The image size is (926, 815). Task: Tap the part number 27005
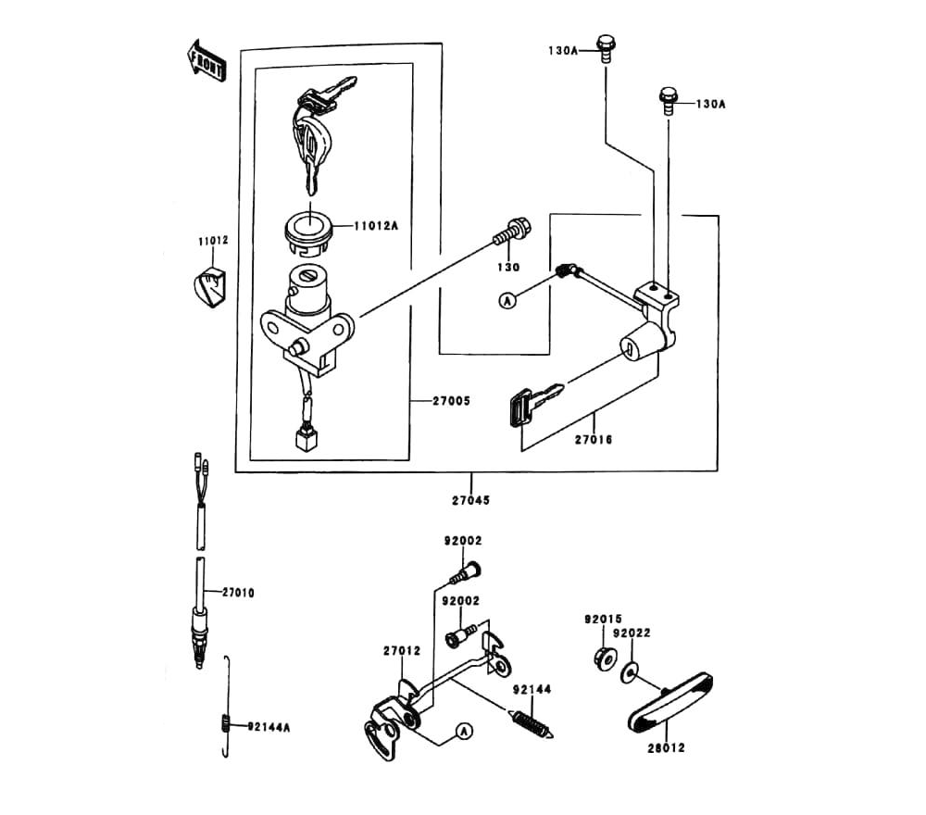pyautogui.click(x=452, y=401)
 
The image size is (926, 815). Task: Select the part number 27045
pyautogui.click(x=470, y=500)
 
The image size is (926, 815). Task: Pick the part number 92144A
pyautogui.click(x=269, y=727)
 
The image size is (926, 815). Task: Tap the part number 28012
pyautogui.click(x=666, y=748)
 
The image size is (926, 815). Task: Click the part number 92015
pyautogui.click(x=603, y=618)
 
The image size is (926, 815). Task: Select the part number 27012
pyautogui.click(x=402, y=651)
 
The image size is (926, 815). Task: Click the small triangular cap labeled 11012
pyautogui.click(x=211, y=284)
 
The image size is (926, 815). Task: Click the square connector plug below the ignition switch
pyautogui.click(x=305, y=437)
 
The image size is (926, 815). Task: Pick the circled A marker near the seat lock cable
pyautogui.click(x=507, y=299)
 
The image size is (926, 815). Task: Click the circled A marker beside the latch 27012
pyautogui.click(x=463, y=732)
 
